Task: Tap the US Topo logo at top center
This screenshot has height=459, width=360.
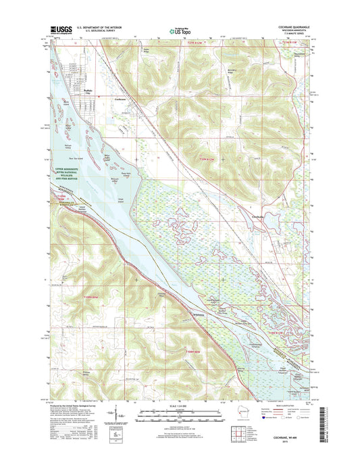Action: coord(179,30)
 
